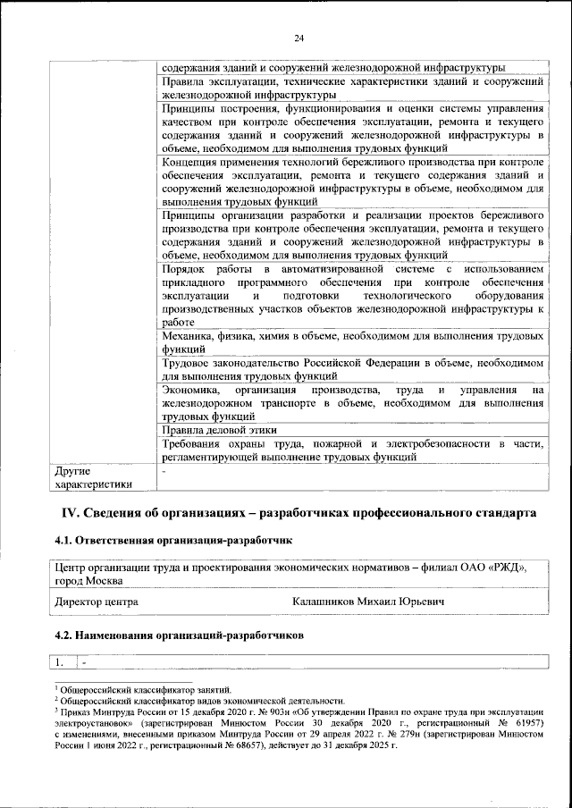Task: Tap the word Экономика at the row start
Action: click(190, 391)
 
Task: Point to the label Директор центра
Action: click(97, 602)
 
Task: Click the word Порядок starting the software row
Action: click(186, 269)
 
